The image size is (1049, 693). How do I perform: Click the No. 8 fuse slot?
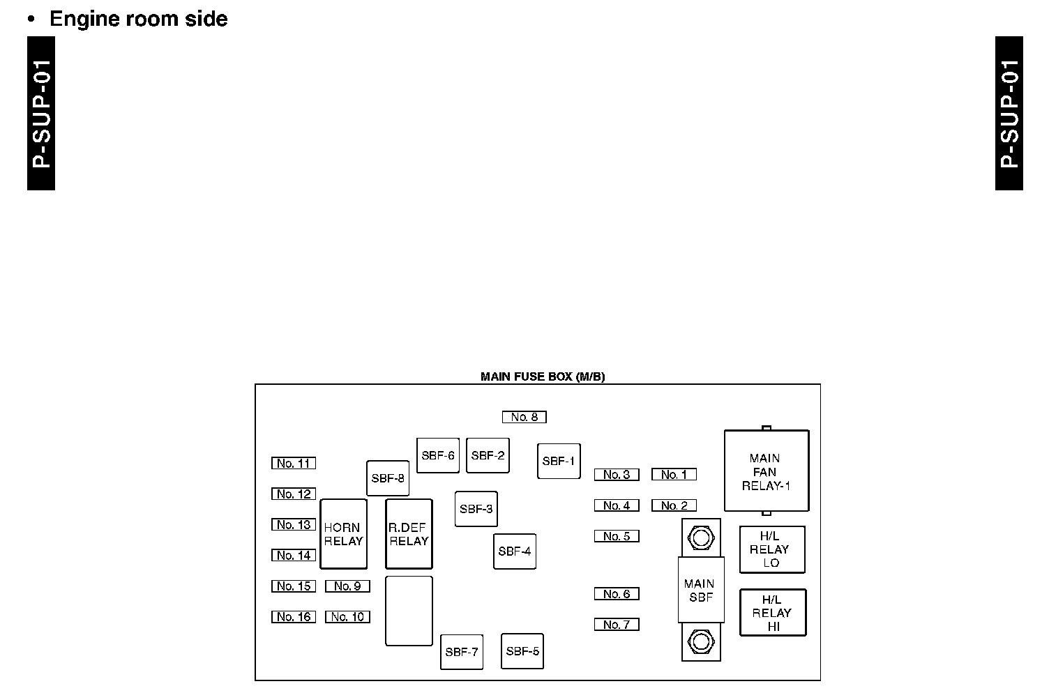click(x=524, y=417)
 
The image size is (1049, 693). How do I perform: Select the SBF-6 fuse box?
click(x=438, y=455)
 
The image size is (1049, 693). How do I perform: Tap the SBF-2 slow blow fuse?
click(x=488, y=455)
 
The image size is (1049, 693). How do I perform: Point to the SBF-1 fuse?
click(x=559, y=461)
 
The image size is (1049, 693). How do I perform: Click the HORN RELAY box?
click(x=344, y=534)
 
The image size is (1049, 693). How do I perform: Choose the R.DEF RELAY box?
click(x=409, y=534)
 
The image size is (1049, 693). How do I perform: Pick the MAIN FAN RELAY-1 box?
click(x=767, y=471)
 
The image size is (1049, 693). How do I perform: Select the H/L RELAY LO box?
click(x=772, y=549)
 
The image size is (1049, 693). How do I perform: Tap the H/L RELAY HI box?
click(x=773, y=613)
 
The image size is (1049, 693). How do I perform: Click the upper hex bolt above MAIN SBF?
click(x=700, y=538)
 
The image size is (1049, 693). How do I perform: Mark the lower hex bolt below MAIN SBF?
click(x=700, y=641)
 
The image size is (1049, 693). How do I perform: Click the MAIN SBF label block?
click(x=700, y=590)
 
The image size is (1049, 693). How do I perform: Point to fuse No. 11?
click(x=294, y=463)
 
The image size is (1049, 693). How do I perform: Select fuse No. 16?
click(x=294, y=617)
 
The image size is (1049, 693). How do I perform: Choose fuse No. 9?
click(x=347, y=586)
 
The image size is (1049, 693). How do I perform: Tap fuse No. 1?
click(x=674, y=475)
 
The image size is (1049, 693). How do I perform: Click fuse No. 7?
click(x=617, y=625)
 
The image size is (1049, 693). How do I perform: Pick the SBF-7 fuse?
click(x=462, y=652)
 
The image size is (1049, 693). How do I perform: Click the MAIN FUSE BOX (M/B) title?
click(x=543, y=377)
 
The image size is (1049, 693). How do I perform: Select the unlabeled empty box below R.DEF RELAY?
click(x=409, y=611)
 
